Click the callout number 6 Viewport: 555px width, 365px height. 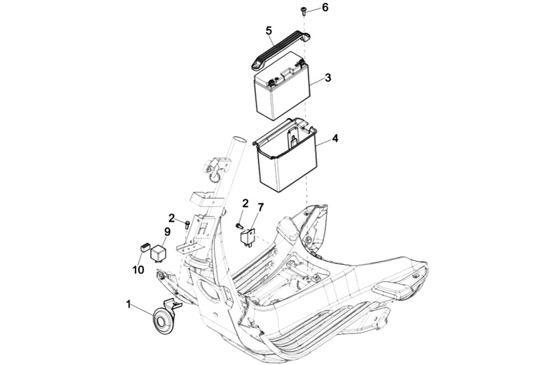point(325,8)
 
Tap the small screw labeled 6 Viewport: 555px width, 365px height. point(304,11)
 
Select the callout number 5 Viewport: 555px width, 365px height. point(269,31)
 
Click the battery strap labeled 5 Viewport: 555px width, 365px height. point(281,50)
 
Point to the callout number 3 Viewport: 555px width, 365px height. point(328,78)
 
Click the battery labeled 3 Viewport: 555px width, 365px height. point(281,86)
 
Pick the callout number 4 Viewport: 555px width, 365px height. point(335,139)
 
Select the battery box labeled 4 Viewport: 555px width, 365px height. point(285,155)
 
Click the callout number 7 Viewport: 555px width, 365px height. point(261,207)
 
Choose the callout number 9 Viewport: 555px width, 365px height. point(167,232)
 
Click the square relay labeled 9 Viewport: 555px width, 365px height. point(159,253)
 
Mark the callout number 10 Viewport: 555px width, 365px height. point(139,270)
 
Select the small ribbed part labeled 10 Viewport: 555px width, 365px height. point(145,248)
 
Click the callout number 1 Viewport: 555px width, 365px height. point(129,304)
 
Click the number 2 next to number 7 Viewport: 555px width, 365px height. point(245,203)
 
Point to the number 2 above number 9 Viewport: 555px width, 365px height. point(172,218)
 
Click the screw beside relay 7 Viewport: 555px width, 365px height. point(239,225)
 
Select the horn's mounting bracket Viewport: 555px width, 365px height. point(173,305)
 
